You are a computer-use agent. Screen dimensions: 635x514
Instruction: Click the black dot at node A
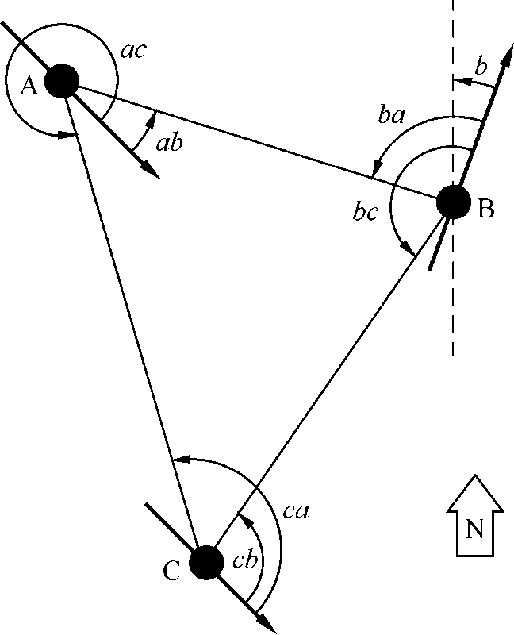click(62, 80)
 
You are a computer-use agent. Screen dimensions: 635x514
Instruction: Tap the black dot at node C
click(206, 562)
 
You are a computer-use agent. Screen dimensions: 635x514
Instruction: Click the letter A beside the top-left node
click(29, 86)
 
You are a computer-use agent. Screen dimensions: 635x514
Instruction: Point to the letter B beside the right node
click(486, 210)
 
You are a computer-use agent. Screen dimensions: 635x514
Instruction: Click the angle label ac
click(133, 51)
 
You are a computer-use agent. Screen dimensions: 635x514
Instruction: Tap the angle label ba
click(392, 117)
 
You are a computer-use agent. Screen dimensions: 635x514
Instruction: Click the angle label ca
click(295, 511)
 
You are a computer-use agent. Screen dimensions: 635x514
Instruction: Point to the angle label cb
click(246, 560)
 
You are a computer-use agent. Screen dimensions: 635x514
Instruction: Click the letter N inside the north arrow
click(474, 529)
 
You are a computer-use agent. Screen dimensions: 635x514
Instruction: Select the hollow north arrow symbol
click(474, 516)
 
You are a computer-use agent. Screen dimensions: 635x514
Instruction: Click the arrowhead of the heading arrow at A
click(153, 172)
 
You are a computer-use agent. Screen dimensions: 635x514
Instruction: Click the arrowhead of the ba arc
click(375, 171)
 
